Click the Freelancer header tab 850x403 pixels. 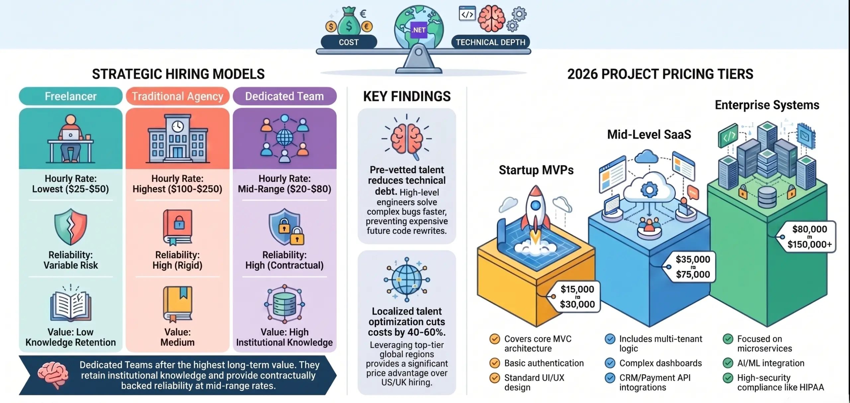point(70,96)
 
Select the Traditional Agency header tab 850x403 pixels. point(178,96)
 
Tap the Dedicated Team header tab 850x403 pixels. point(285,96)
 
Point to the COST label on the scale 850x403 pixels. point(349,42)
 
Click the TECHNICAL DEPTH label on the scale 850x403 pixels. point(490,42)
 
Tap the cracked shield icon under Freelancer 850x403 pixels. point(71,227)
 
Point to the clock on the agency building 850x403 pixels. point(178,126)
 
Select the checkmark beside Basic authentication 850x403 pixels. point(495,363)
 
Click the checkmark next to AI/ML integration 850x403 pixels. point(728,363)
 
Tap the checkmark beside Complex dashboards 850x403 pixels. point(610,363)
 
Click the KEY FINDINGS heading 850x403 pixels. point(407,97)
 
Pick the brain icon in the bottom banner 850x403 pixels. point(53,375)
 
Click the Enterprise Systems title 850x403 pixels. point(767,105)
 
